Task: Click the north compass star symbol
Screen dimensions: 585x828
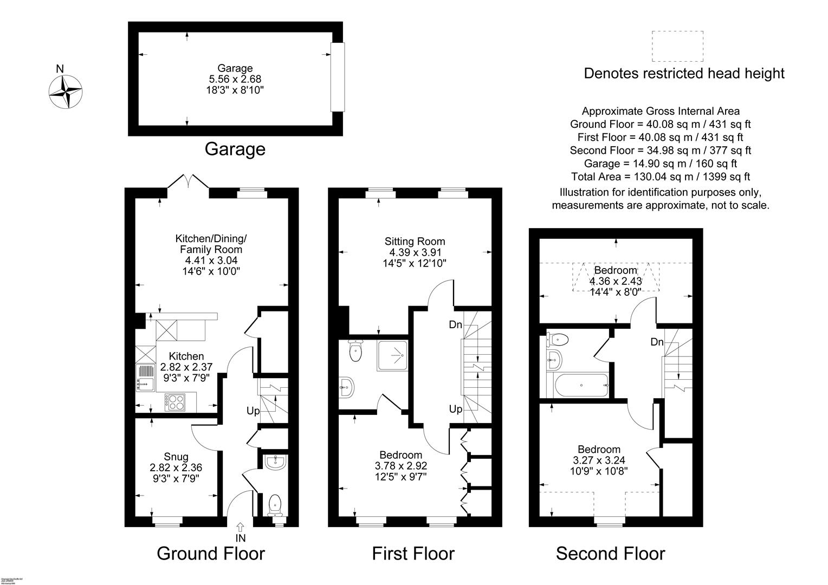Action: [66, 92]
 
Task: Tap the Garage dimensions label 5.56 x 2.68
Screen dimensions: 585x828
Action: [235, 79]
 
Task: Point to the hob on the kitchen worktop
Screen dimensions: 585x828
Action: [176, 402]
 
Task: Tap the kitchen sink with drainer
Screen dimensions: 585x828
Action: [147, 378]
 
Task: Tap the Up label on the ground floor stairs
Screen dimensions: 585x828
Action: [253, 411]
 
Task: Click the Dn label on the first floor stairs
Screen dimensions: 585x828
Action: [455, 325]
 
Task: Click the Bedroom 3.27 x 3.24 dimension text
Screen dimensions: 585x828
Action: [599, 460]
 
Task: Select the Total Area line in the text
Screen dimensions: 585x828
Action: [660, 177]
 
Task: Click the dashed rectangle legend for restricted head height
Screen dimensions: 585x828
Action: [677, 47]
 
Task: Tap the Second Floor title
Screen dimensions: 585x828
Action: [610, 554]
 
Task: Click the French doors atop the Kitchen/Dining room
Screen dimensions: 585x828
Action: [188, 183]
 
